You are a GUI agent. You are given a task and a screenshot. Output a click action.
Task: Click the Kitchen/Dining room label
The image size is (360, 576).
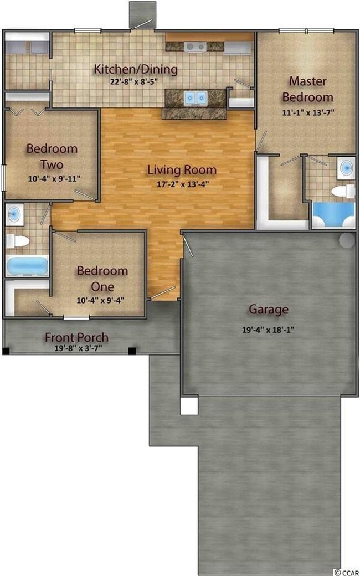[x=136, y=70]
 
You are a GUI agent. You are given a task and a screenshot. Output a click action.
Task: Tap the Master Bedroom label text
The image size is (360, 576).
[x=307, y=89]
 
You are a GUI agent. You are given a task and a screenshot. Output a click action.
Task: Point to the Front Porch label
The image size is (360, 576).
[x=76, y=337]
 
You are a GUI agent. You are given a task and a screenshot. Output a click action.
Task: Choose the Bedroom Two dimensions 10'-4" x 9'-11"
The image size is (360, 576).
[x=52, y=179]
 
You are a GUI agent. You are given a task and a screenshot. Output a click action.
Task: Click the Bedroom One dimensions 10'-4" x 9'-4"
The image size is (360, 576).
[x=102, y=301]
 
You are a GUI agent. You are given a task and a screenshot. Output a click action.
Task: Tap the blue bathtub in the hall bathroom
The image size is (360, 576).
[x=27, y=266]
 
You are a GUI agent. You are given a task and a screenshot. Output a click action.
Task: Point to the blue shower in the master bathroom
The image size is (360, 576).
[x=332, y=215]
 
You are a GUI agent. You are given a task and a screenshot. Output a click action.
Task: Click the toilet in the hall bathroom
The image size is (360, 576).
[x=17, y=241]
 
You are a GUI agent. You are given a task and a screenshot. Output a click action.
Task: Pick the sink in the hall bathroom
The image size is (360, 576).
[x=14, y=214]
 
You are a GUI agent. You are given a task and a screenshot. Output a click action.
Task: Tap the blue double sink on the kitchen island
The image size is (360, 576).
[x=194, y=98]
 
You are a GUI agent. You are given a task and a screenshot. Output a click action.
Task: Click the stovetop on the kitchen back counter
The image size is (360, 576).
[x=194, y=47]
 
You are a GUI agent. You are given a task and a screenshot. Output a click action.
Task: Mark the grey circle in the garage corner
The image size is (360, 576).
[x=347, y=240]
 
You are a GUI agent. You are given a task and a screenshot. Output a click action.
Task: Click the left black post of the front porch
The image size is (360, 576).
[x=6, y=351]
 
